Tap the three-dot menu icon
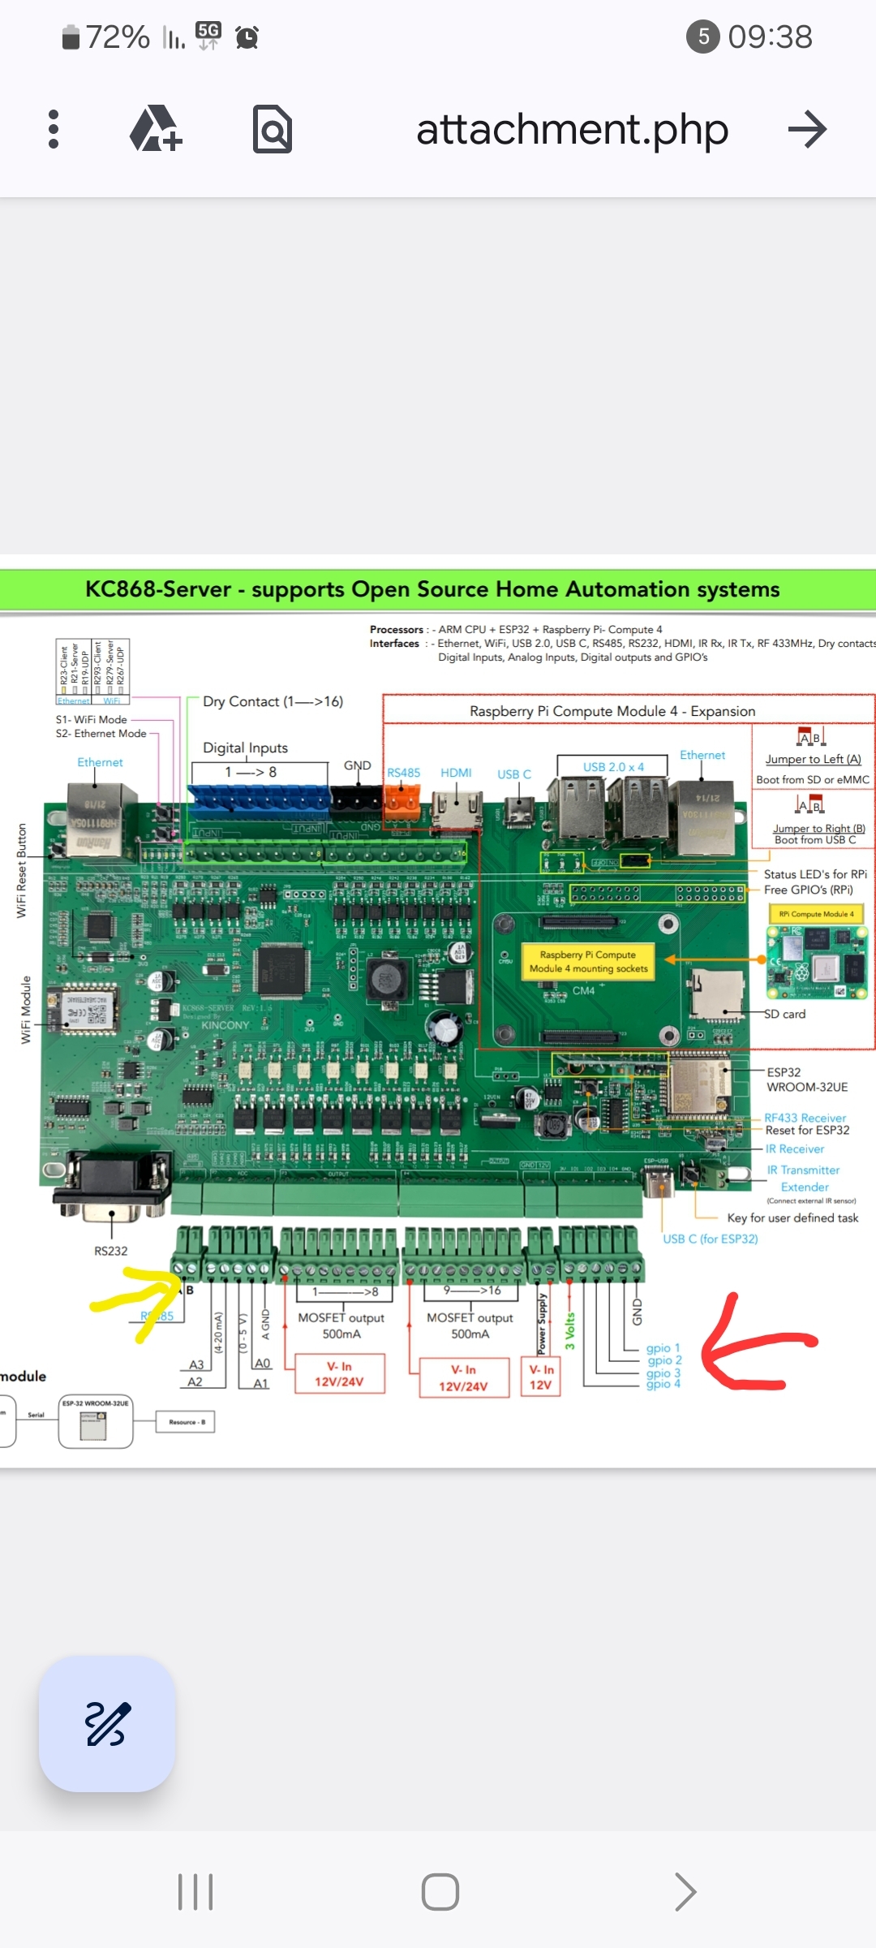pos(54,129)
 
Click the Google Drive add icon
pos(156,129)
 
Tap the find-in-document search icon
pos(273,129)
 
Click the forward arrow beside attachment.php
pos(806,129)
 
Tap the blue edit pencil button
pos(107,1723)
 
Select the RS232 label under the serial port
pos(111,1251)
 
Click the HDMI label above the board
pos(456,773)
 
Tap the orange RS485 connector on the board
pos(401,799)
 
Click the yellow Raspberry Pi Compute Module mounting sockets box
pos(589,961)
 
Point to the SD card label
pos(785,1014)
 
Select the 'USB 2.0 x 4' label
pos(613,767)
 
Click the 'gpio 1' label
pos(663,1348)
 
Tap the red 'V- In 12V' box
pos(541,1377)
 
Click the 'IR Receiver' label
pos(795,1149)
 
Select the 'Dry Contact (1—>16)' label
pos(273,701)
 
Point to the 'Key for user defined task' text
pos(792,1217)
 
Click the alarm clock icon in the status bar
pos(247,37)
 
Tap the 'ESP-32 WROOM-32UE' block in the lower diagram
pos(96,1422)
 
